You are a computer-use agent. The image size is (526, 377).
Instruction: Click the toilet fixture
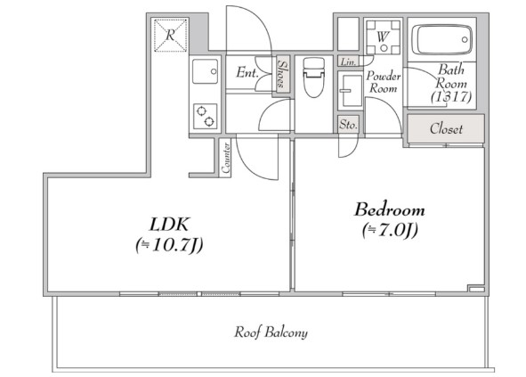[x=313, y=78]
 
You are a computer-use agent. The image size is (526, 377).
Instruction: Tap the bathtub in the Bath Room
[x=441, y=39]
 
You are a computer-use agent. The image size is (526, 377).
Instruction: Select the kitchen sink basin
[x=205, y=71]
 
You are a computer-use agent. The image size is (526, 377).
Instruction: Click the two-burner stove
[x=205, y=116]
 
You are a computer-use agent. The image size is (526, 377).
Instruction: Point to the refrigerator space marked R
[x=170, y=35]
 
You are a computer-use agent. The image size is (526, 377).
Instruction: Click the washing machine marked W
[x=383, y=37]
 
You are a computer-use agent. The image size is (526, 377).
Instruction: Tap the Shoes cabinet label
[x=282, y=74]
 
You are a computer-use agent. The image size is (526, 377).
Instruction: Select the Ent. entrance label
[x=247, y=72]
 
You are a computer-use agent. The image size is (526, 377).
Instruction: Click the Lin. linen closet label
[x=348, y=62]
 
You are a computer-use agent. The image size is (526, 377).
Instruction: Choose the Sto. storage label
[x=348, y=125]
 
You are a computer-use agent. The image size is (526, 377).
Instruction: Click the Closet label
[x=446, y=128]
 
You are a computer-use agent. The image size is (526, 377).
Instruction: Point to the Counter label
[x=226, y=158]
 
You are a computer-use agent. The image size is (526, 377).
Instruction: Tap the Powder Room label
[x=383, y=82]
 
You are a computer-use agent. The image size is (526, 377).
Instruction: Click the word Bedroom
[x=390, y=209]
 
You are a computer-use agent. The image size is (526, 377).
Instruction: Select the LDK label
[x=170, y=225]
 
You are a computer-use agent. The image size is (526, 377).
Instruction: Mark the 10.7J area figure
[x=169, y=245]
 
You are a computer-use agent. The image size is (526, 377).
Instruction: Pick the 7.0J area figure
[x=390, y=231]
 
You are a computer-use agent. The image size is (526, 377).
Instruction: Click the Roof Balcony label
[x=271, y=332]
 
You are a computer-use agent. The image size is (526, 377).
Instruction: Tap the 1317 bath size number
[x=451, y=97]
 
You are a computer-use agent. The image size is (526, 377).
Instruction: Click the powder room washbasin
[x=350, y=91]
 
